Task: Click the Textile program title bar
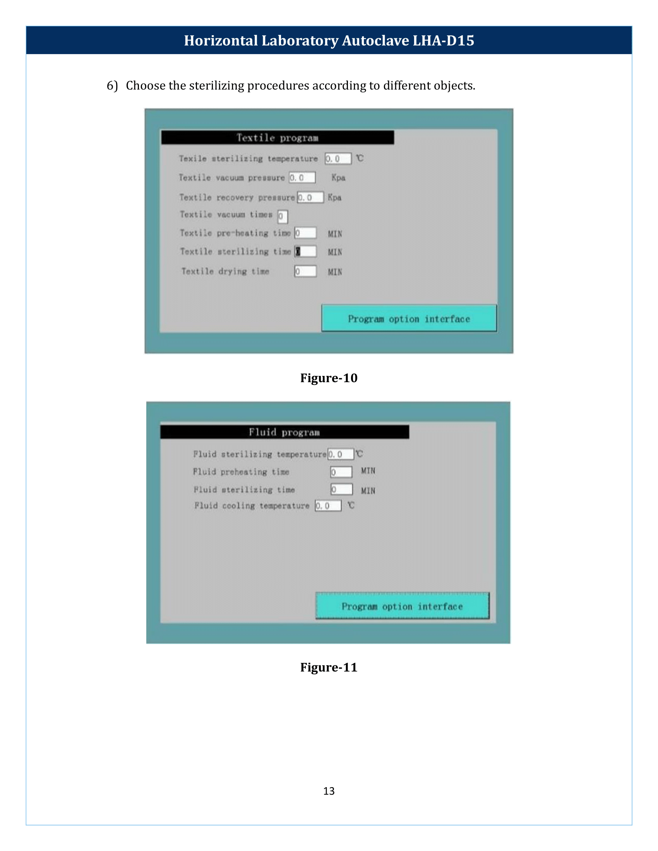277,138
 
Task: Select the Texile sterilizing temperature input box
338,159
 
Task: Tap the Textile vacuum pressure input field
302,178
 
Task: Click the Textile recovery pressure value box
310,198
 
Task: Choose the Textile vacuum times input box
283,217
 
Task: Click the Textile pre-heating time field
305,233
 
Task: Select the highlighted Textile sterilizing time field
305,252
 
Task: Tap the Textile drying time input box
305,271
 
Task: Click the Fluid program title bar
284,432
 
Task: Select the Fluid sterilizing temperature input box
341,454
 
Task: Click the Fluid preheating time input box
341,472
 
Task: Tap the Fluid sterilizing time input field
341,489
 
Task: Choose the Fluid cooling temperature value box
328,506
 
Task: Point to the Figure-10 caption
329,378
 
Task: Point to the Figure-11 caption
329,668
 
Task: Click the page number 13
329,791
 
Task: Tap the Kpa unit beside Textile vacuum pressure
338,178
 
